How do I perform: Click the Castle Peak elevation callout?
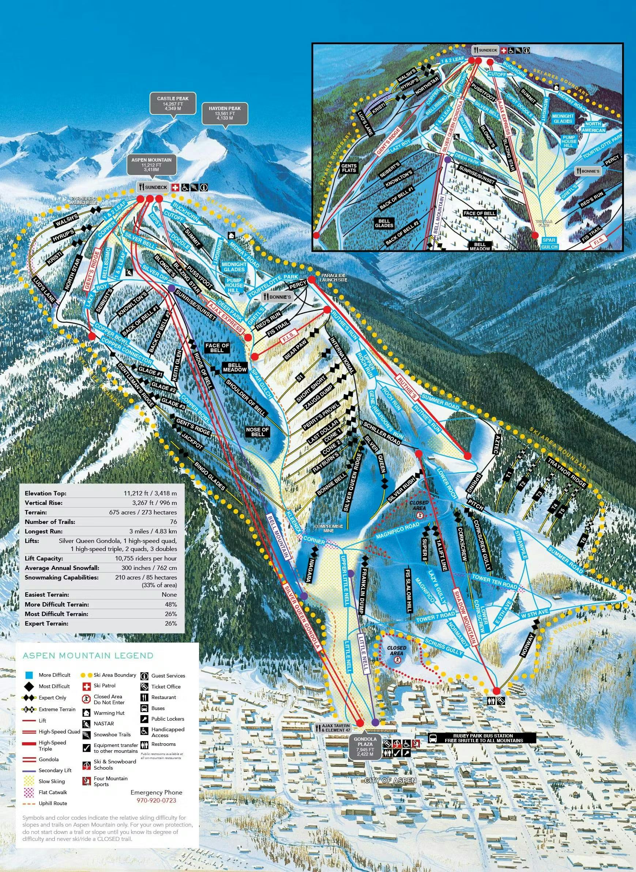point(173,103)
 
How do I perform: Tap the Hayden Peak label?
point(225,113)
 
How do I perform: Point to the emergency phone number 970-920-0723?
point(156,800)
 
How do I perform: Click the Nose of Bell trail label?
point(257,432)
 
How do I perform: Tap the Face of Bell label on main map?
point(217,347)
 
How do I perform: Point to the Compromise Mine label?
point(328,528)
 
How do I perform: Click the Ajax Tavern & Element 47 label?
point(336,728)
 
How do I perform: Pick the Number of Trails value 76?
point(173,522)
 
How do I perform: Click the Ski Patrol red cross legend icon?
point(87,686)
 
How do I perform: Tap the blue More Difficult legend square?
point(29,675)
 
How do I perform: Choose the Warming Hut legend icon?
point(87,713)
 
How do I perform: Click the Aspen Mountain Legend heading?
point(88,656)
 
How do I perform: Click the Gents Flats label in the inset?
point(349,167)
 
